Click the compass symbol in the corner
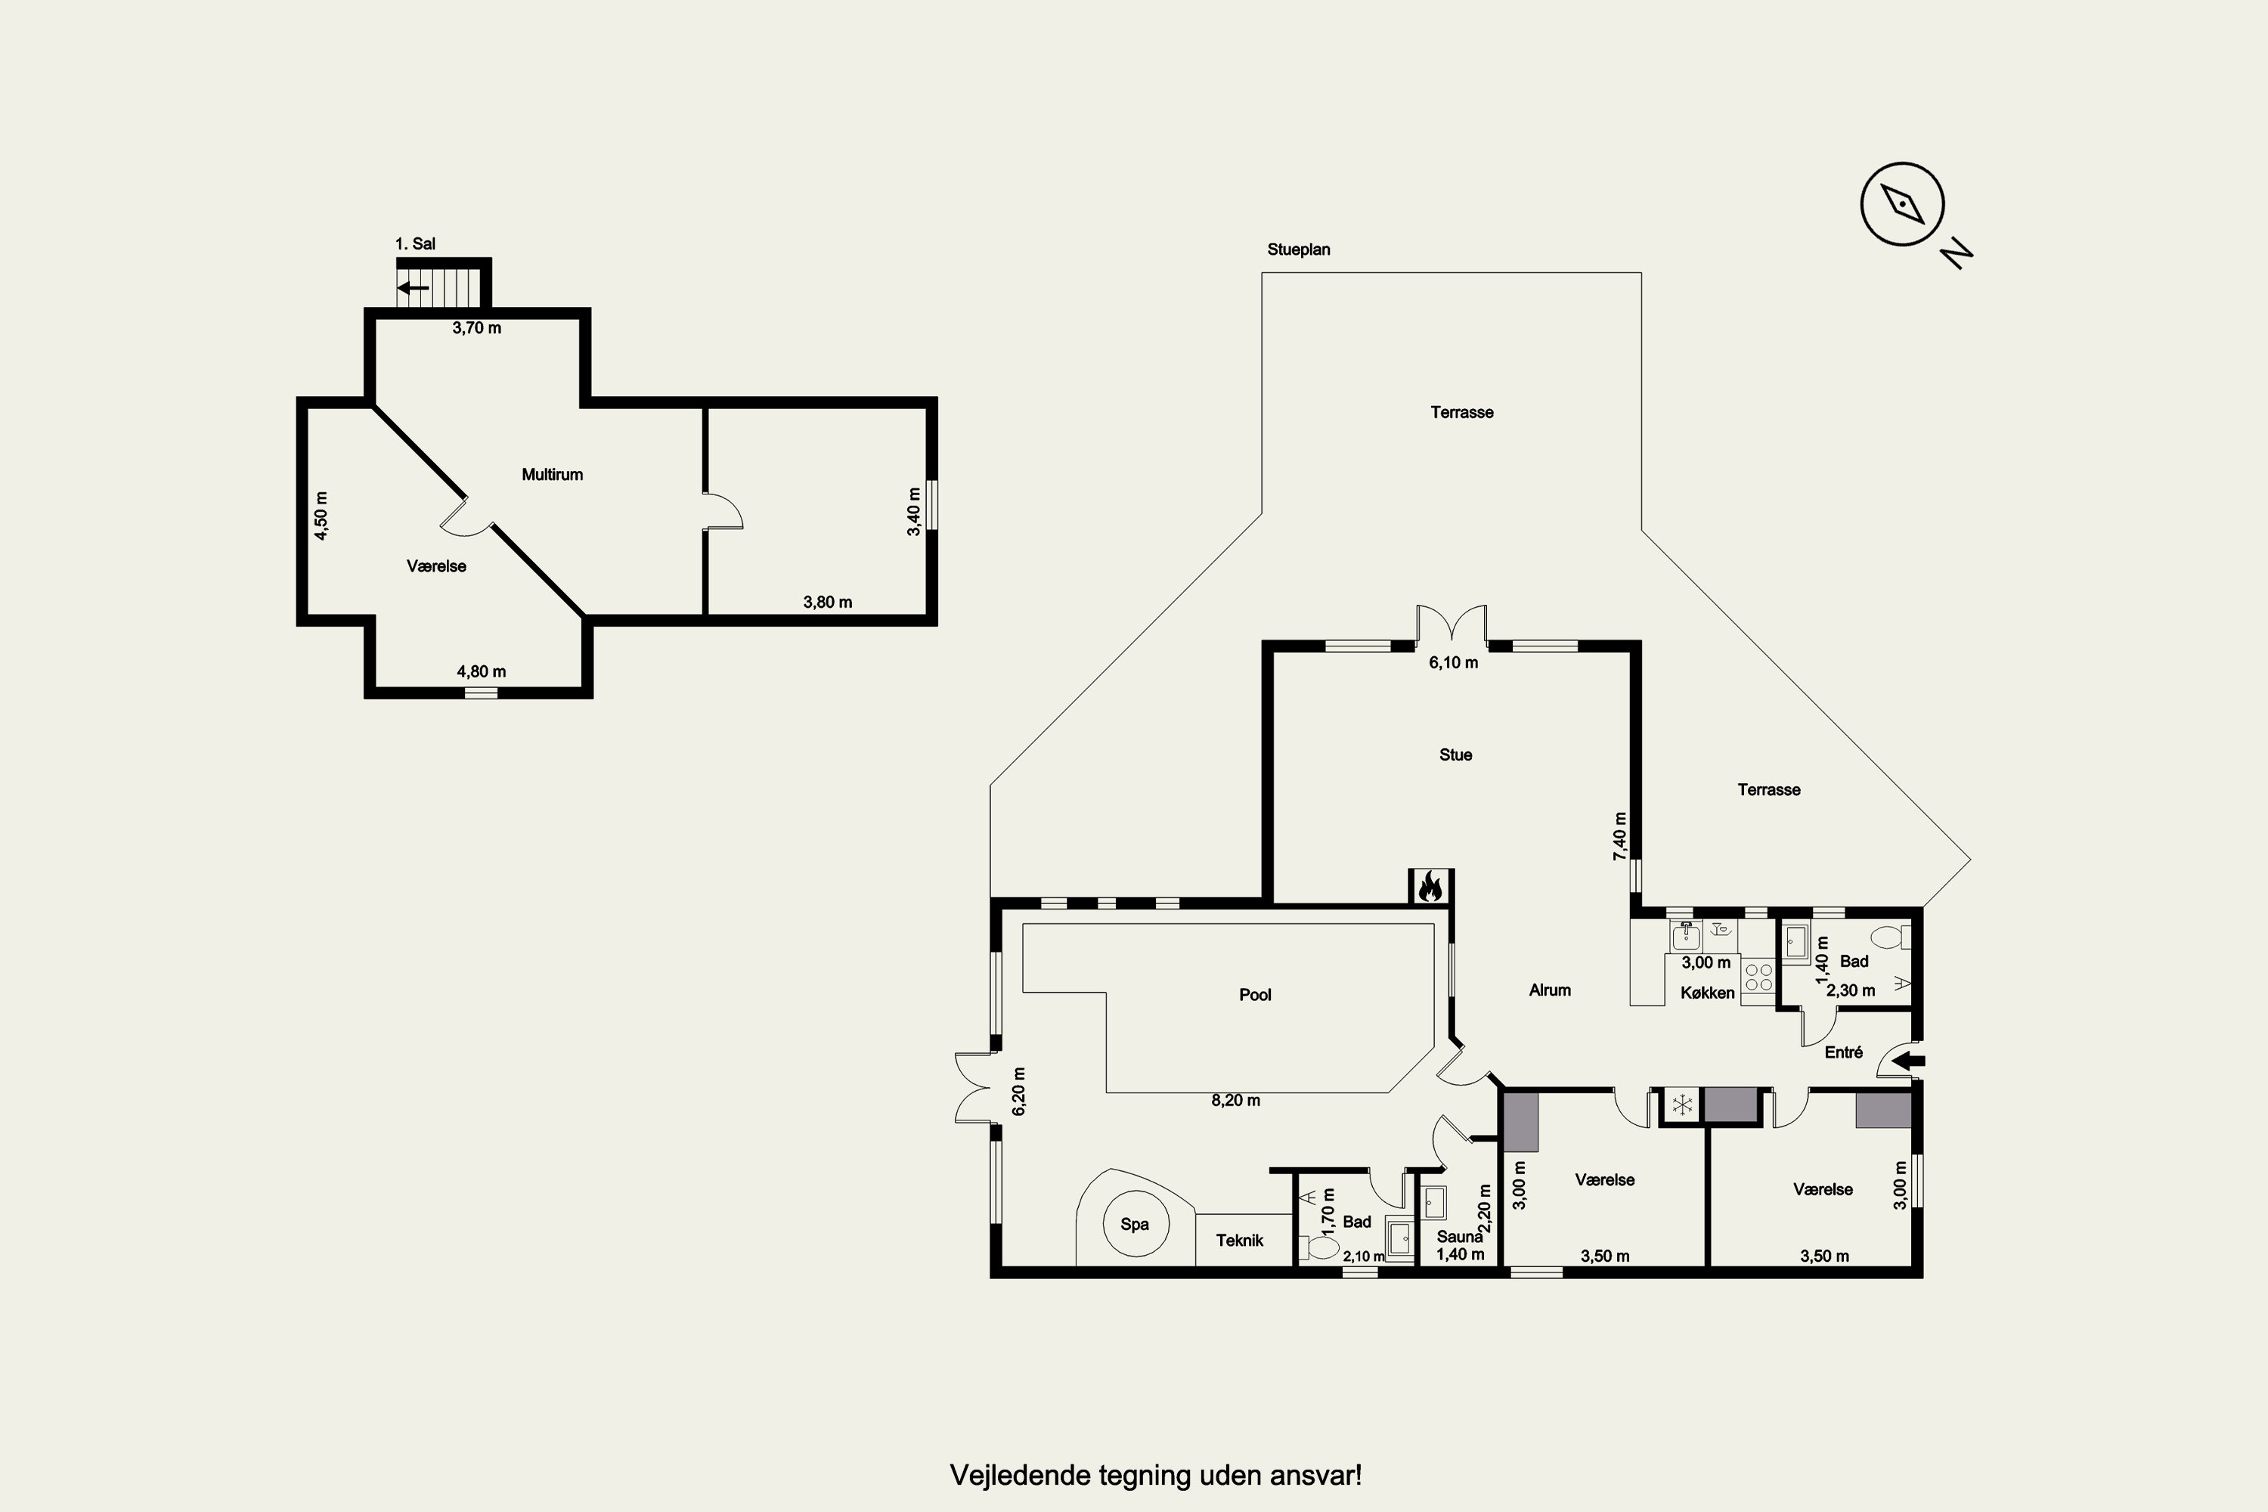click(1901, 204)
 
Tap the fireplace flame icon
click(1430, 886)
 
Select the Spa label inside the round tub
click(1134, 1225)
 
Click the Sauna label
click(1459, 1237)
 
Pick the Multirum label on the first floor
click(552, 475)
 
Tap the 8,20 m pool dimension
click(1235, 1100)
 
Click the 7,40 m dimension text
click(1620, 836)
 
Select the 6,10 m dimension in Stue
click(1453, 662)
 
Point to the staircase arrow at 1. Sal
click(414, 287)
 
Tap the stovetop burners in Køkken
click(1758, 978)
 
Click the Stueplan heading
click(1298, 249)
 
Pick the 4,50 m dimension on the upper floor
click(321, 516)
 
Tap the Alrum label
click(1550, 990)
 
